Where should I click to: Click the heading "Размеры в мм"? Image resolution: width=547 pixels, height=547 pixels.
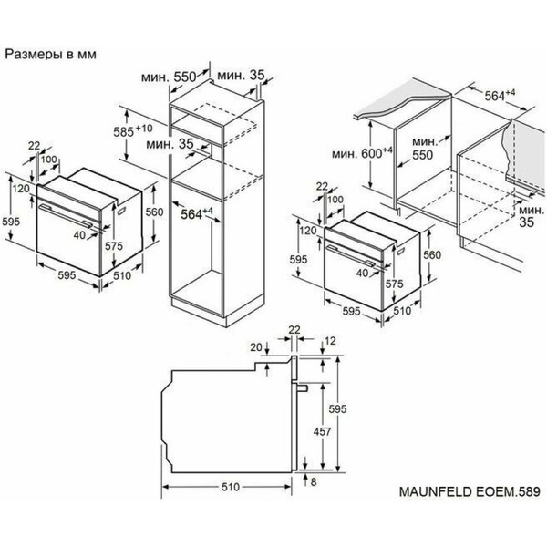coord(54,54)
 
